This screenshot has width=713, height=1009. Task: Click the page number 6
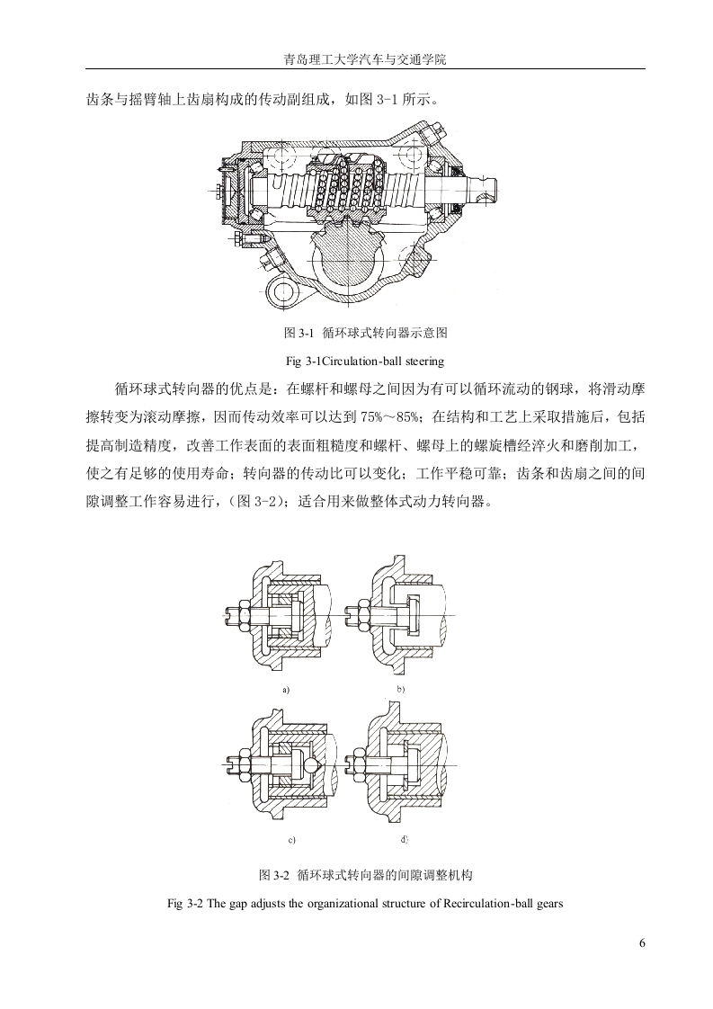click(642, 943)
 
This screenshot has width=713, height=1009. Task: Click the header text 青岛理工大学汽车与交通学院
click(365, 60)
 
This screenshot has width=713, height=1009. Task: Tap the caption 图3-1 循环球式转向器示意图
click(366, 334)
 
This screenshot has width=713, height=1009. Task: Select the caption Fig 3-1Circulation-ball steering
click(365, 361)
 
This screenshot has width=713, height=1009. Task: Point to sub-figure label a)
click(286, 690)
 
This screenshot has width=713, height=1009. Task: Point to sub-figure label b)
click(400, 689)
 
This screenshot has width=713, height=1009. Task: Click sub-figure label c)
click(291, 841)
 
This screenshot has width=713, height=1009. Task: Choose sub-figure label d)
click(404, 839)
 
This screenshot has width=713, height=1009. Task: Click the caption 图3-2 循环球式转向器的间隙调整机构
click(366, 875)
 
